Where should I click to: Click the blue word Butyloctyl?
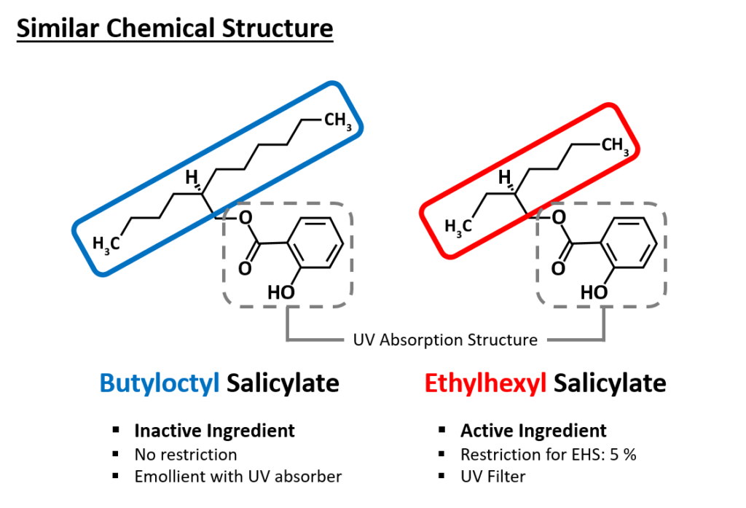[160, 384]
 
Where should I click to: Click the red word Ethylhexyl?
[485, 384]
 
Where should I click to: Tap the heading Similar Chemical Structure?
[175, 28]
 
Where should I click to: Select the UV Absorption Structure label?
[445, 340]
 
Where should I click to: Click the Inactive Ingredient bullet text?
[215, 431]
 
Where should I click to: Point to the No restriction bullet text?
[186, 455]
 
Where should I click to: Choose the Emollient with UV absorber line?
[238, 477]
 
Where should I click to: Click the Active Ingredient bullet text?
[533, 431]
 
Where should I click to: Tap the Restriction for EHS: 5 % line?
[548, 455]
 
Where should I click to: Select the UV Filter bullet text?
[493, 477]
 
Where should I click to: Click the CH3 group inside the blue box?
[338, 120]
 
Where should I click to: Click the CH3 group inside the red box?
[615, 145]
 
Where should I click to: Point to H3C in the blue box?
[106, 244]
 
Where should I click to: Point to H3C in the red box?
[458, 227]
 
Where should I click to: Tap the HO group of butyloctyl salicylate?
[281, 292]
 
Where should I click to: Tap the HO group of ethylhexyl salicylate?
[594, 292]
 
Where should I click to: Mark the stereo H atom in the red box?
[504, 177]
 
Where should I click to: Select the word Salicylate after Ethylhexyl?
[610, 384]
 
